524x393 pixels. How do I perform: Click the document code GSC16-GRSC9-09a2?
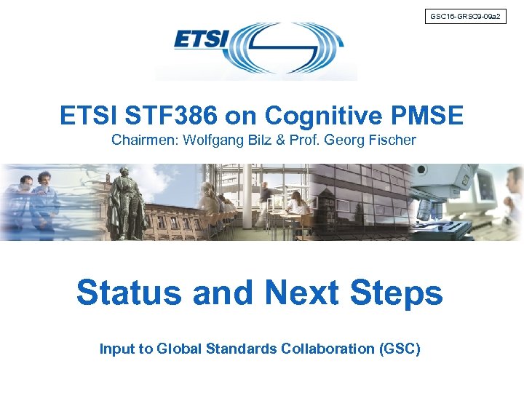coord(464,15)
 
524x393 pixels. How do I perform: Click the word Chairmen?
coord(144,140)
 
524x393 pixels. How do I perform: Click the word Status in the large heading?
coord(128,293)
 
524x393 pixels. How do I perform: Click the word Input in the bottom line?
coord(116,349)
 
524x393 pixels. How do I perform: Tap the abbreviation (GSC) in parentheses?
coord(400,349)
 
